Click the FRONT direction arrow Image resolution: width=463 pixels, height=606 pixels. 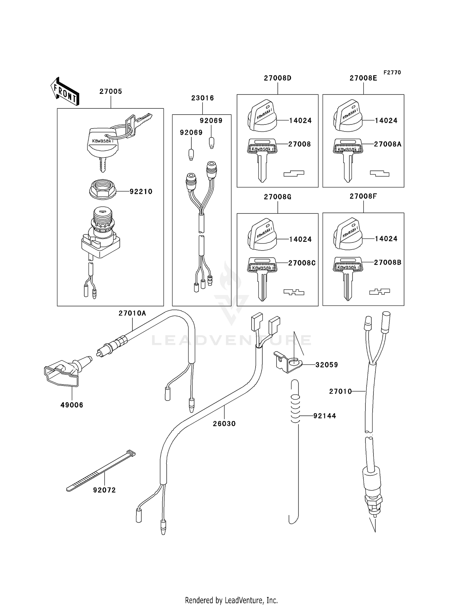pos(65,91)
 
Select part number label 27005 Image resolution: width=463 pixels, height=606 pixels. pos(111,91)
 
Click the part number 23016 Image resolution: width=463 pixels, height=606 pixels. pos(202,98)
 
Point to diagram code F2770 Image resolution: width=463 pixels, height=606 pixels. pos(392,72)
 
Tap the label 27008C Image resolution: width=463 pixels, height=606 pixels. pos(302,263)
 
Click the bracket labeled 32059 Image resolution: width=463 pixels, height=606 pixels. pos(287,362)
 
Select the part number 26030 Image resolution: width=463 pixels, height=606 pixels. pos(224,423)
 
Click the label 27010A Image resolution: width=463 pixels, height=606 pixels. pos(132,313)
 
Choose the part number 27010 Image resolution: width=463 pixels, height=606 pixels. pos(340,391)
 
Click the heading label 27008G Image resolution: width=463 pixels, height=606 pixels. pos(277,197)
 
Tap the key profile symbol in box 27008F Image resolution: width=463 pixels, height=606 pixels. pos(379,291)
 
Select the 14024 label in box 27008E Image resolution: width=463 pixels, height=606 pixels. pos(386,120)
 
